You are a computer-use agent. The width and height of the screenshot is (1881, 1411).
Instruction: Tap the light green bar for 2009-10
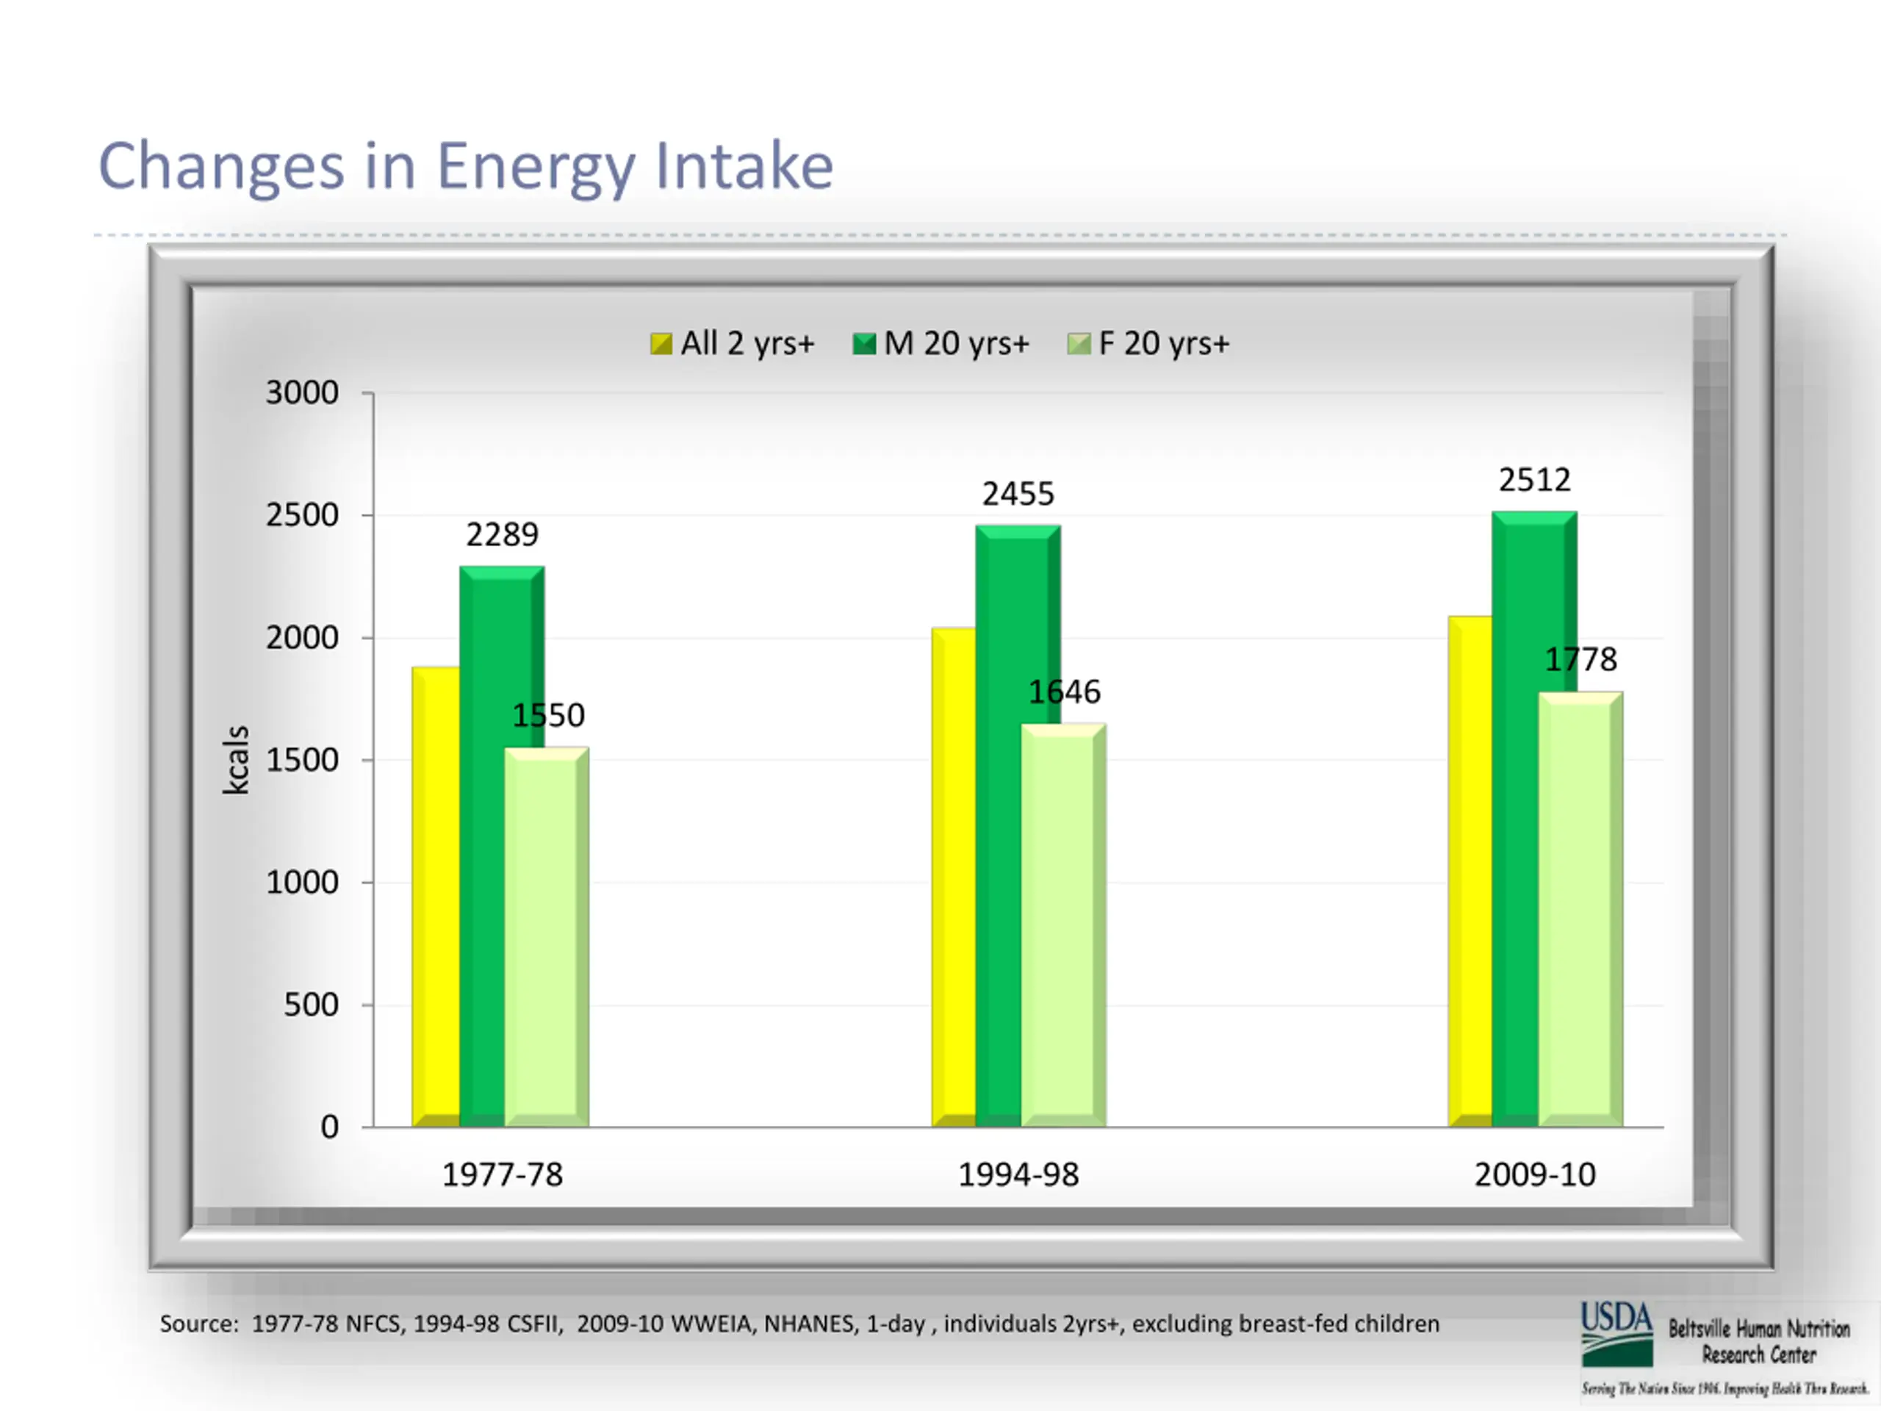(x=1580, y=910)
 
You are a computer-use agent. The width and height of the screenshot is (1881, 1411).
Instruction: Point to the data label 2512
(x=1534, y=481)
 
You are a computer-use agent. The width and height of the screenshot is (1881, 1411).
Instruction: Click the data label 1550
(x=548, y=715)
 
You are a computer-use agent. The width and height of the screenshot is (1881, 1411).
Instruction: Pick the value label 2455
(x=1018, y=494)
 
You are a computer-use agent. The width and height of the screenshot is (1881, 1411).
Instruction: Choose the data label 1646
(x=1065, y=692)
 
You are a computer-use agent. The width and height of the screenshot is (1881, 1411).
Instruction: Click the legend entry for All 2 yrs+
(x=732, y=344)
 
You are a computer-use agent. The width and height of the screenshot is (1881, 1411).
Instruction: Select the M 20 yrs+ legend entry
(x=941, y=344)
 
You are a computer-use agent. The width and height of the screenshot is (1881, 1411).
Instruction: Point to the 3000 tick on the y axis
(x=302, y=393)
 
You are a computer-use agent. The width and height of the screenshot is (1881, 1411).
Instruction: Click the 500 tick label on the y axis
(x=312, y=1005)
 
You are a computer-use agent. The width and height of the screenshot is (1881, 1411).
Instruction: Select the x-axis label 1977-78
(x=503, y=1174)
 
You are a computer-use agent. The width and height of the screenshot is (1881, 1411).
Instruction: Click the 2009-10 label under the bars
(x=1535, y=1174)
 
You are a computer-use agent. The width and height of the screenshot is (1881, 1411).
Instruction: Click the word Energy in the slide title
(x=536, y=167)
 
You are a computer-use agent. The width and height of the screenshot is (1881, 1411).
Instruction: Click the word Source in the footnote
(x=196, y=1324)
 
